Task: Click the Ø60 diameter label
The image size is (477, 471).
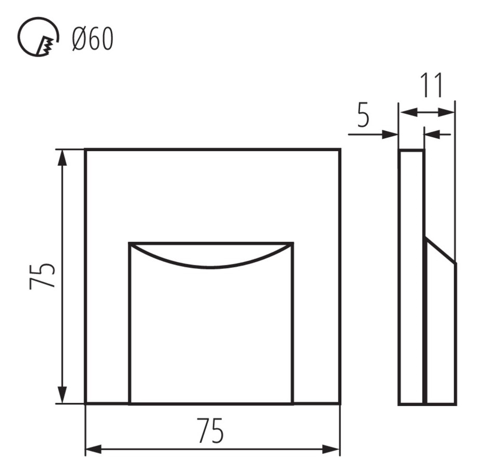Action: (93, 38)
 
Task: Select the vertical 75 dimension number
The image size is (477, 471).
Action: (42, 276)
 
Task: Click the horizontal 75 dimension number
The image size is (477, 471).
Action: (210, 430)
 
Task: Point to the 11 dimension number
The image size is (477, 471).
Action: (431, 85)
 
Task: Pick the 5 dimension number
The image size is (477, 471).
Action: (363, 115)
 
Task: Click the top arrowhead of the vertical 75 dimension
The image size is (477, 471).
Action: (62, 157)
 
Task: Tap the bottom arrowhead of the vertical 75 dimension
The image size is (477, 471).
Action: (62, 395)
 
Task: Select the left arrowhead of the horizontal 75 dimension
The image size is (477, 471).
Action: (94, 449)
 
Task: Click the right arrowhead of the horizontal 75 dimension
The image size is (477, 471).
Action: (331, 449)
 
